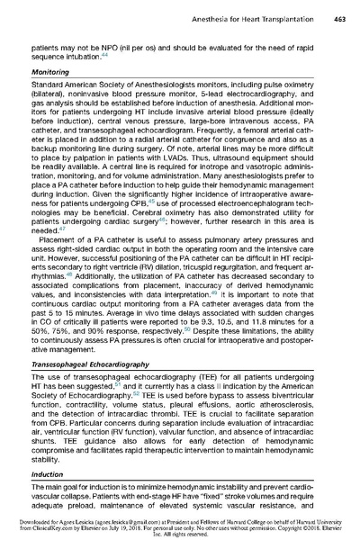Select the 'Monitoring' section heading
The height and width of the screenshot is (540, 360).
pos(51,68)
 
